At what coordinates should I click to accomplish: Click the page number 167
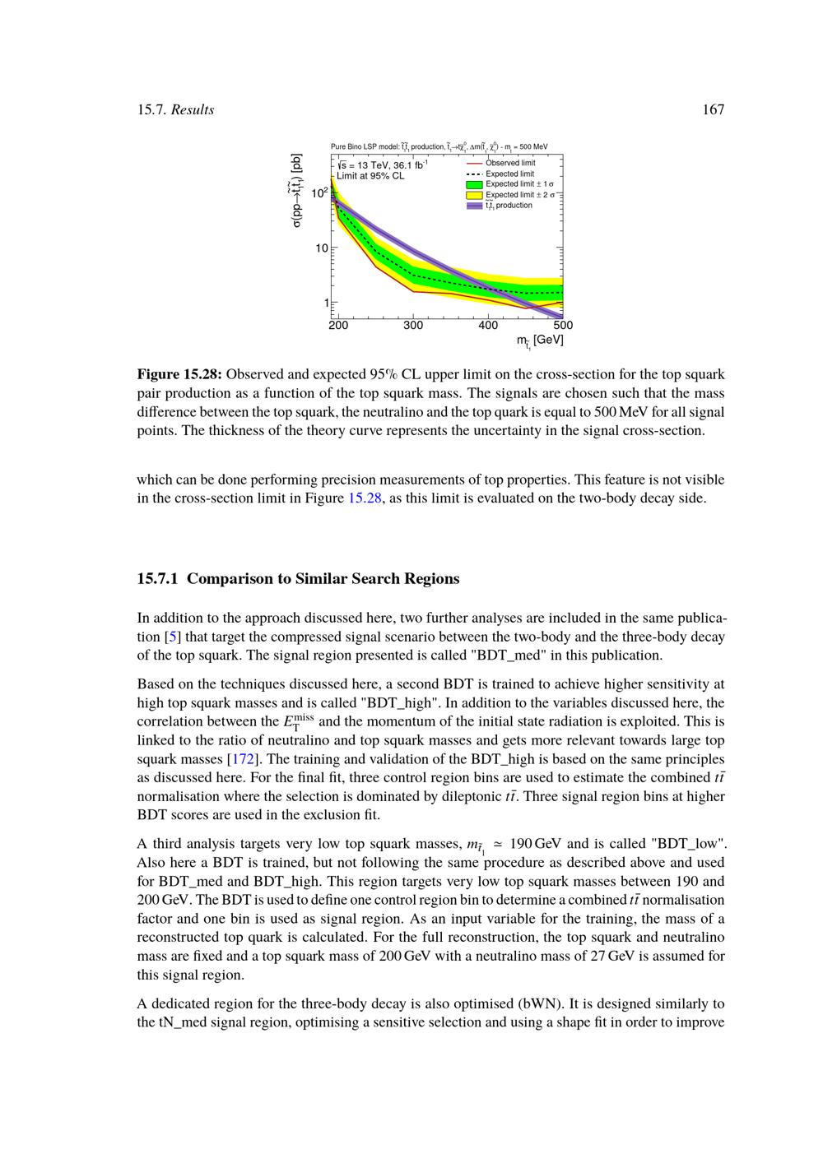(x=713, y=110)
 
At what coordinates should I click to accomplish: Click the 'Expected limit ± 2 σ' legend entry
(x=519, y=195)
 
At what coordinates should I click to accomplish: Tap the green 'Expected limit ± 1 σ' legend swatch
(x=474, y=184)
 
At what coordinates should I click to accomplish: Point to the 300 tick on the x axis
(x=413, y=326)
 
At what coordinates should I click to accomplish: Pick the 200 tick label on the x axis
(x=338, y=326)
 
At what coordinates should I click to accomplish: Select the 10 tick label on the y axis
(x=321, y=248)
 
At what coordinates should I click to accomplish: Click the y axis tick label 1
(x=326, y=303)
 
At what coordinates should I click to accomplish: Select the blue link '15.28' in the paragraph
(x=365, y=498)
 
